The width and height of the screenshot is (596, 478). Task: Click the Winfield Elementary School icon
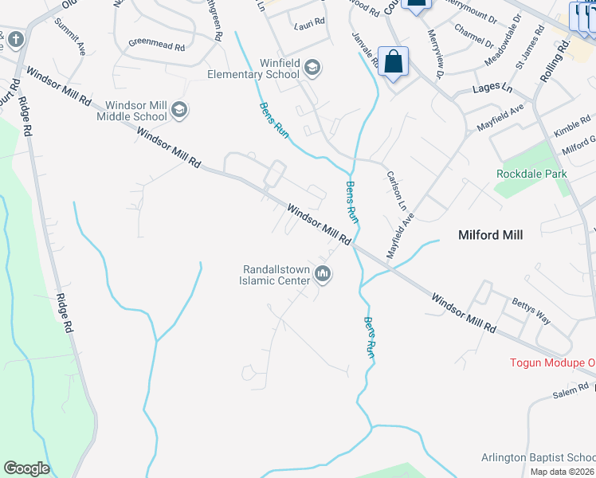[312, 68]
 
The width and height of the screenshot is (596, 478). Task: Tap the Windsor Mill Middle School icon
[179, 109]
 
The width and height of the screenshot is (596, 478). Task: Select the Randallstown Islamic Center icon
[323, 275]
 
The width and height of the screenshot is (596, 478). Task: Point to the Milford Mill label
[489, 235]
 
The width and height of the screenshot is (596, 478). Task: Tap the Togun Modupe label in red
[552, 363]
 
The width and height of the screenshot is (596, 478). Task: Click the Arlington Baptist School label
[538, 457]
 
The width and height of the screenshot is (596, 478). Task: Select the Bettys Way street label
[531, 310]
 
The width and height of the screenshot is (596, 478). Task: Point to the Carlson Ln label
[396, 188]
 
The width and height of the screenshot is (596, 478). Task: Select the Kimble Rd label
[572, 127]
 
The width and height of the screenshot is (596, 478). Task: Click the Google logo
[26, 468]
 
